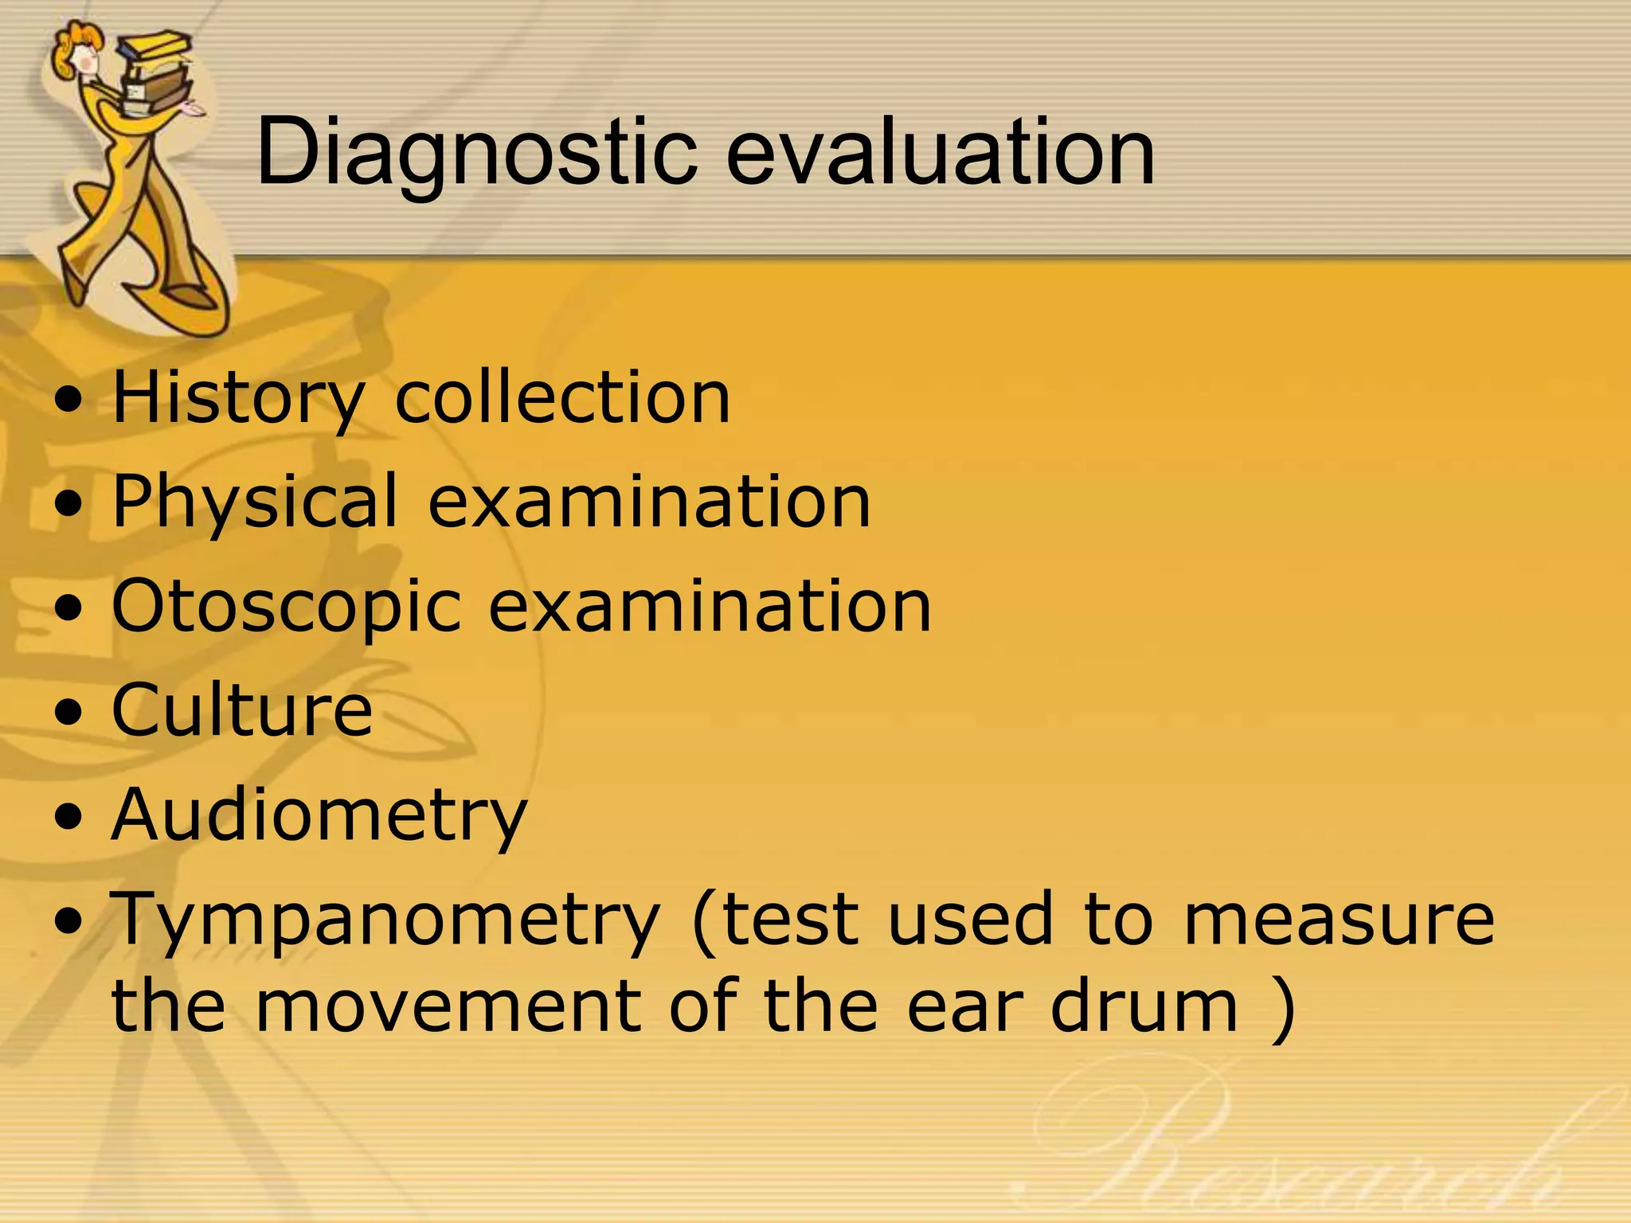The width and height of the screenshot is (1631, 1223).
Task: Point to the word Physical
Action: coord(255,502)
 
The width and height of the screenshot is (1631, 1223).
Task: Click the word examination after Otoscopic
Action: coord(709,607)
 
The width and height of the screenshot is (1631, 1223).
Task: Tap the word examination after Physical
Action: coord(649,502)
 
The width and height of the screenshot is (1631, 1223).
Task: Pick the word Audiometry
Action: coord(319,815)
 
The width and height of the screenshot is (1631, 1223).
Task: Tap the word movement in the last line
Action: coord(448,1006)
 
